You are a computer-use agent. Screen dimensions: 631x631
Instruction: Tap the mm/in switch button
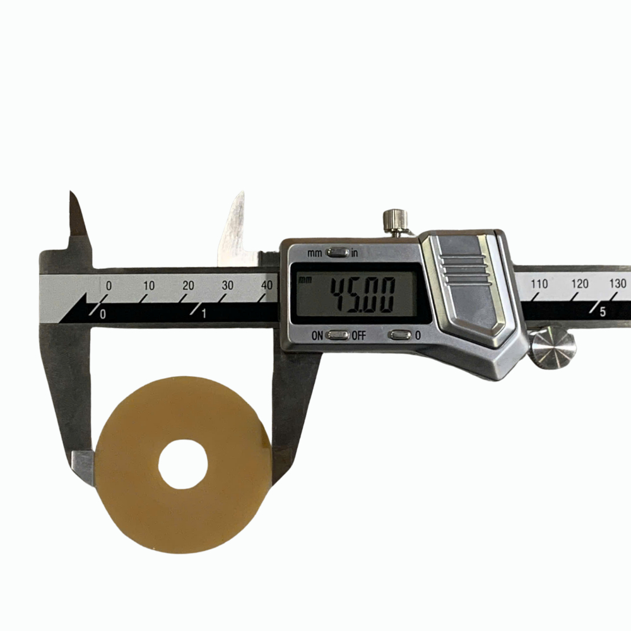pyautogui.click(x=338, y=253)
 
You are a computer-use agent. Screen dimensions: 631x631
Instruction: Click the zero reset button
pyautogui.click(x=399, y=335)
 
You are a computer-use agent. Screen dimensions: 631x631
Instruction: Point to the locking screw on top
pyautogui.click(x=395, y=222)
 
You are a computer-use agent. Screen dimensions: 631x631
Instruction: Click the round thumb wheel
pyautogui.click(x=553, y=348)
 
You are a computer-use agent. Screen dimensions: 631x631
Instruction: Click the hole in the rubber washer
pyautogui.click(x=183, y=464)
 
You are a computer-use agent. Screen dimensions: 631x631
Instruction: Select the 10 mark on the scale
pyautogui.click(x=149, y=286)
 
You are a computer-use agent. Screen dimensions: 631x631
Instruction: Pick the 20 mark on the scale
pyautogui.click(x=188, y=286)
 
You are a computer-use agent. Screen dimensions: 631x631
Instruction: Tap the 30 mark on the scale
pyautogui.click(x=227, y=285)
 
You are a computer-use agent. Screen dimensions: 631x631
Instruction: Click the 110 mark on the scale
pyautogui.click(x=540, y=284)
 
